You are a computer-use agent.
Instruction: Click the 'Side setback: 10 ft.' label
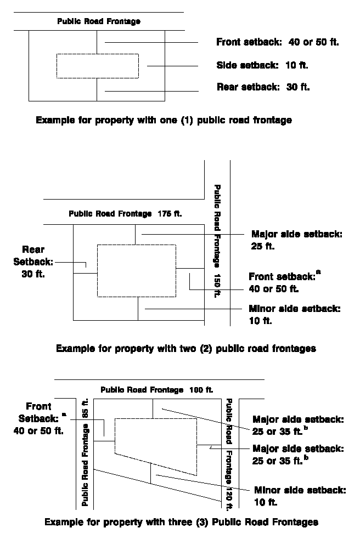262,66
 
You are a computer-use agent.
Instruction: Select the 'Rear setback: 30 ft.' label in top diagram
263,87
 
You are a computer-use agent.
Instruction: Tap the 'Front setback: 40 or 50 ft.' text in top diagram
278,42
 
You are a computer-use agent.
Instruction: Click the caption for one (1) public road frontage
164,120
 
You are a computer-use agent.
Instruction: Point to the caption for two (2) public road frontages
185,348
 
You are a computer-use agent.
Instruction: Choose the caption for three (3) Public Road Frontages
181,521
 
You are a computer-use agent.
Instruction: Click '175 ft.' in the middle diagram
169,214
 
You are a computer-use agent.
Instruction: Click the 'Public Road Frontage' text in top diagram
99,22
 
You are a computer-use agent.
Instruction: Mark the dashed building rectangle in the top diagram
98,66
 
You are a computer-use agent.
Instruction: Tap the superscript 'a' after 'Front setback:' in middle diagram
318,272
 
